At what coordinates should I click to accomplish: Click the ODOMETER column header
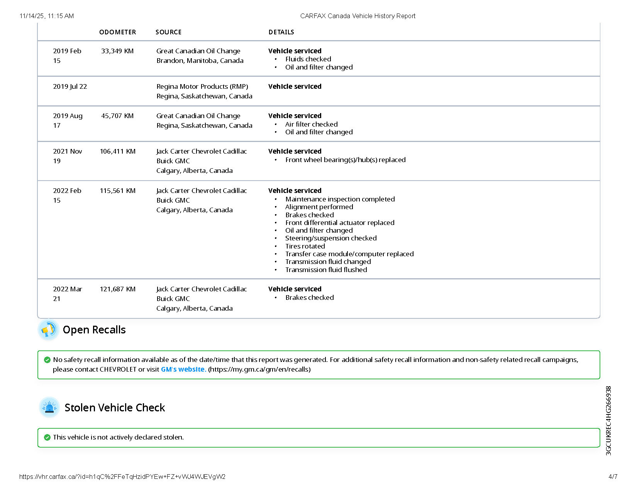tap(117, 32)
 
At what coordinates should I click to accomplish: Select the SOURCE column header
tap(168, 32)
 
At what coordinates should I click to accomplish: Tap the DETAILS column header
tap(281, 32)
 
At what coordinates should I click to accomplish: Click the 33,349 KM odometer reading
tap(117, 51)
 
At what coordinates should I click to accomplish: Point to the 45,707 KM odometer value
tap(117, 116)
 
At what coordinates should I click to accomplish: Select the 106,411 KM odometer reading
tap(117, 151)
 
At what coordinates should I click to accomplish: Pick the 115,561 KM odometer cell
tap(117, 191)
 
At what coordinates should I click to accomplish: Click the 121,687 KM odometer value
tap(117, 289)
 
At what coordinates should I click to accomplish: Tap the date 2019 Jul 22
tap(70, 86)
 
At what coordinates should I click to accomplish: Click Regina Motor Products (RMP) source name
tap(202, 86)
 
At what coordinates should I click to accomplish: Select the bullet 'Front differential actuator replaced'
tap(340, 223)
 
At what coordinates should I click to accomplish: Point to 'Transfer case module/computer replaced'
tap(349, 254)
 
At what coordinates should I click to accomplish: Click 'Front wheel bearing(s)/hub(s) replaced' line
tap(346, 160)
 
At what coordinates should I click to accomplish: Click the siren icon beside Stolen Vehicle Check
tap(49, 407)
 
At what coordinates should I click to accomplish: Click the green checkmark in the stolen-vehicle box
tap(47, 437)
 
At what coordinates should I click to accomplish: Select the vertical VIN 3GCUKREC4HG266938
tap(608, 421)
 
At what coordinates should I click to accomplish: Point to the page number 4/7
tap(613, 477)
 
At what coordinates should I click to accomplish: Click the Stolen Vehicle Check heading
tap(115, 407)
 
